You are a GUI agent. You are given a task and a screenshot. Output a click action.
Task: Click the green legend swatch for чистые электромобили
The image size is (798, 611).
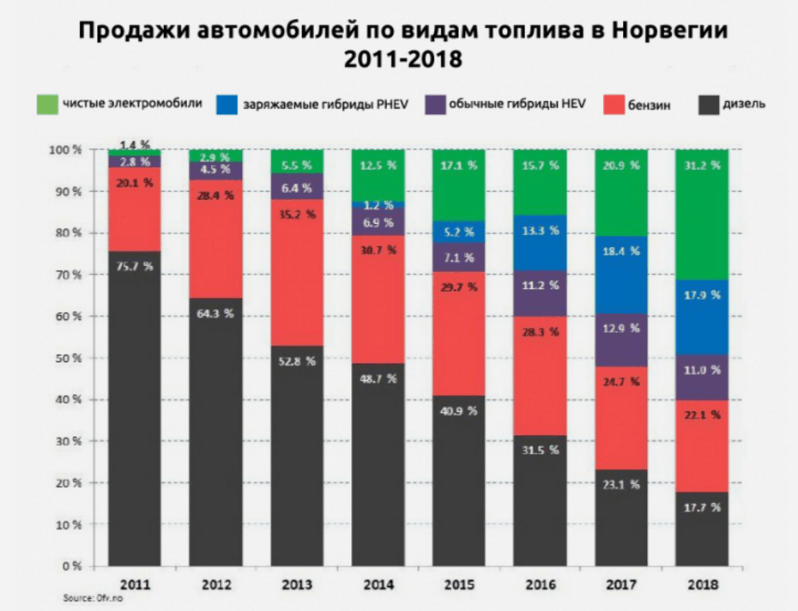point(46,105)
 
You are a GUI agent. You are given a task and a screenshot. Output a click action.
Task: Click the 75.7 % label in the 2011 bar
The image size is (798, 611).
point(135,265)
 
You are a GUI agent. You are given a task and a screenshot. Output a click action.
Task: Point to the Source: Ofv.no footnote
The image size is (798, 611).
point(92,598)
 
